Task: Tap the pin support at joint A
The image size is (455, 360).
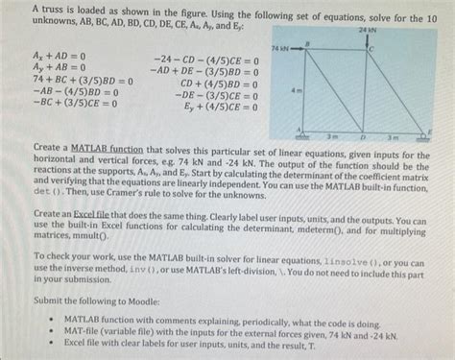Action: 303,136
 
